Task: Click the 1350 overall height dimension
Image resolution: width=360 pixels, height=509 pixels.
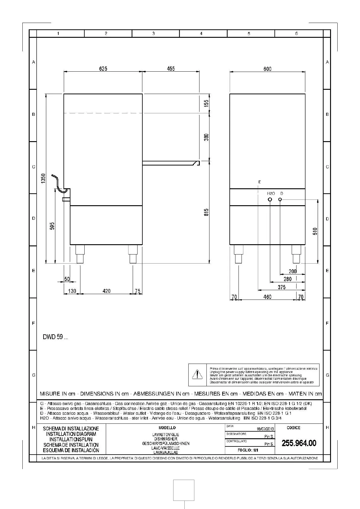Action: coord(43,178)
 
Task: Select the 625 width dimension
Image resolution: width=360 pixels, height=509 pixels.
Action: coord(103,69)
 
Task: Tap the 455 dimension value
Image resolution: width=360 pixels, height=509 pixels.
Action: coord(171,69)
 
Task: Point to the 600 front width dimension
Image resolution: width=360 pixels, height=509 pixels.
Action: coord(268,69)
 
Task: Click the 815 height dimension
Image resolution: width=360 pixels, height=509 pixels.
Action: coord(206,212)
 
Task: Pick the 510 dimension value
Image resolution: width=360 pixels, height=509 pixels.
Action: coord(315,232)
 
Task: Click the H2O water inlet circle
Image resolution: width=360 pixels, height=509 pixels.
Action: coord(270,199)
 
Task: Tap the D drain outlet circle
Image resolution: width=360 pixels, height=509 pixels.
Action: coord(280,199)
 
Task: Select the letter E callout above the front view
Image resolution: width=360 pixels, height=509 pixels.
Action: coord(260,182)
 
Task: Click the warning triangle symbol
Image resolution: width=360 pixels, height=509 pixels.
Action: coord(197,374)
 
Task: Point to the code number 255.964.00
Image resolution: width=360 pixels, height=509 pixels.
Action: coord(299,443)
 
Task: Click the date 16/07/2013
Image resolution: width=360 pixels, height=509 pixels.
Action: coord(265,429)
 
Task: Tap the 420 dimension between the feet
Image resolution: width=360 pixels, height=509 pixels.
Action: coord(106,291)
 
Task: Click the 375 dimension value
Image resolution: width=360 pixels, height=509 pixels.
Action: coord(281,287)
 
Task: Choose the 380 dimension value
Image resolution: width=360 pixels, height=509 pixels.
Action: coord(206,137)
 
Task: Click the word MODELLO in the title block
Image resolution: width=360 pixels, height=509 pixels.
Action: coord(167,428)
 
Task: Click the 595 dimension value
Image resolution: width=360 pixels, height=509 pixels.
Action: coord(52,226)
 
